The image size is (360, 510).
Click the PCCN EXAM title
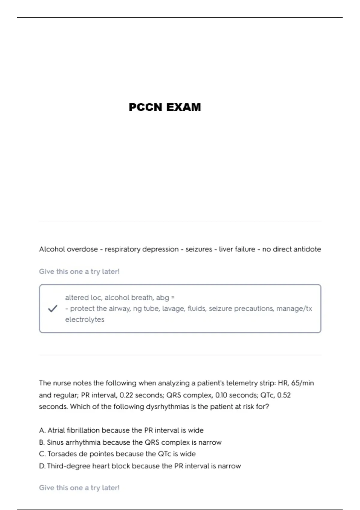pos(165,107)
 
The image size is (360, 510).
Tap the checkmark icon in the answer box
pos(52,308)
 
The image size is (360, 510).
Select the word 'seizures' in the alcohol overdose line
pos(199,249)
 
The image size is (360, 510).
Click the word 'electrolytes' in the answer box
pos(85,319)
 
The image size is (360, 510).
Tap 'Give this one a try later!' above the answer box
pos(79,271)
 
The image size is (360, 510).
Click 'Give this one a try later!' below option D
pos(79,488)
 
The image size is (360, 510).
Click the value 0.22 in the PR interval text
pos(126,395)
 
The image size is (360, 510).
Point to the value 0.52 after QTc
pos(284,395)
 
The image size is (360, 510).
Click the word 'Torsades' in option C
pos(62,454)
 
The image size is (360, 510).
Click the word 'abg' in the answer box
pos(162,298)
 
